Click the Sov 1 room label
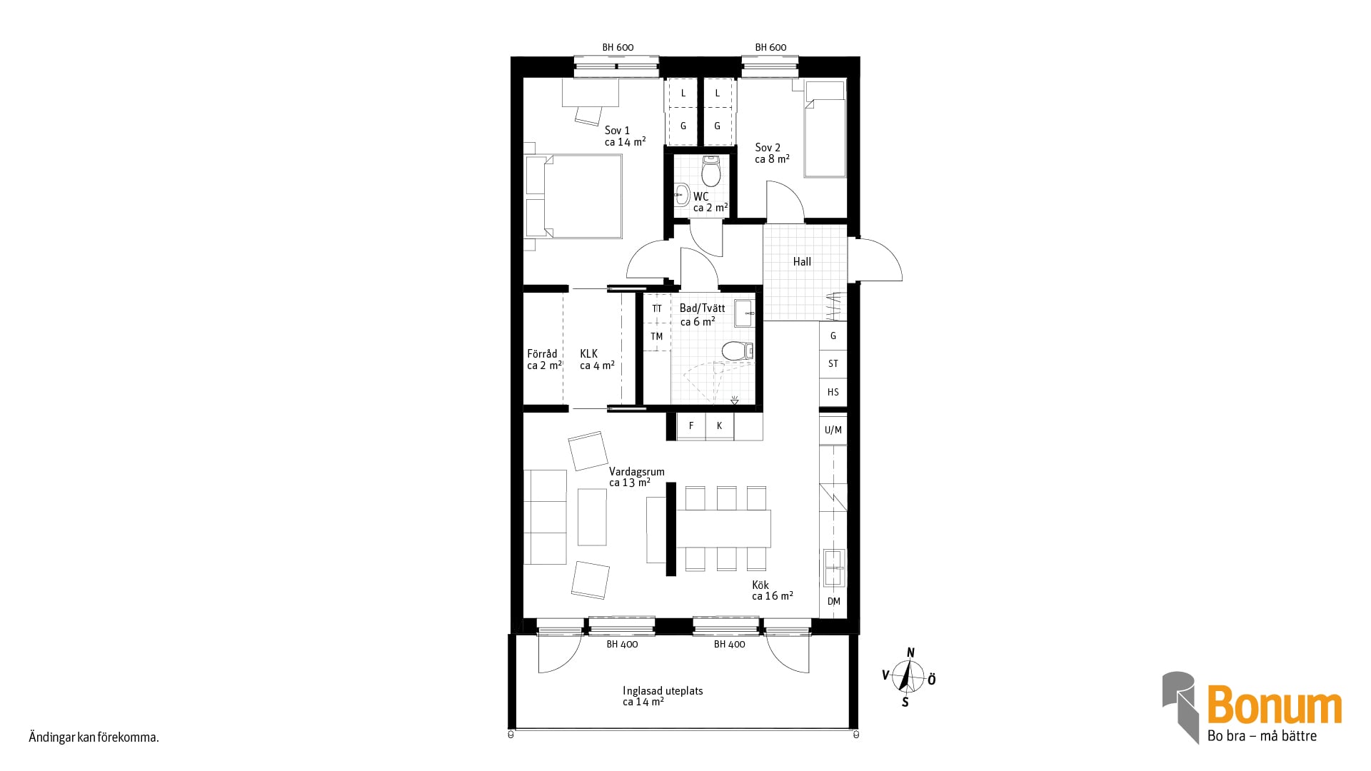click(618, 131)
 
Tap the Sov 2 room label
click(768, 148)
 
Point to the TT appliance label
click(657, 309)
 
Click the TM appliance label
click(657, 337)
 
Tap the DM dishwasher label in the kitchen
click(833, 602)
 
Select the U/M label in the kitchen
click(833, 430)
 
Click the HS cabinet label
click(833, 392)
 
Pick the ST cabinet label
click(833, 364)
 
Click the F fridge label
click(691, 426)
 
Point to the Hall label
click(802, 262)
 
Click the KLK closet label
click(589, 354)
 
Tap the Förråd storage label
click(542, 354)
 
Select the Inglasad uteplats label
click(663, 691)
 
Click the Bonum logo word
click(1275, 705)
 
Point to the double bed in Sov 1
click(573, 196)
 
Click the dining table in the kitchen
click(723, 528)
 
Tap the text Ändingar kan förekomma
click(94, 737)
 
